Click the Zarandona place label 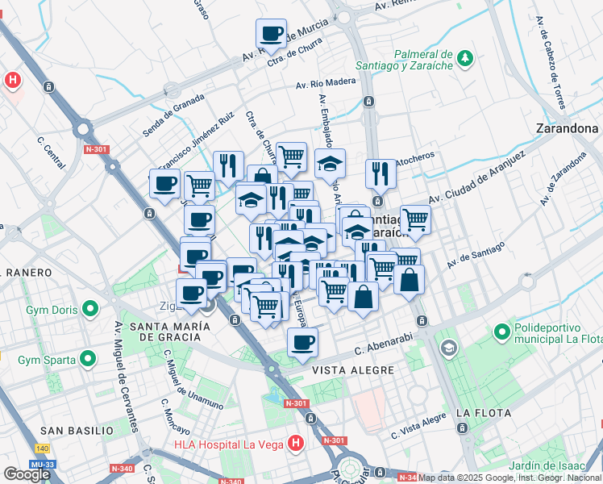[x=568, y=128]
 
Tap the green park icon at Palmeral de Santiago [x=464, y=58]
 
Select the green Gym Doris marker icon [x=91, y=308]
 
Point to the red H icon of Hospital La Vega [x=296, y=443]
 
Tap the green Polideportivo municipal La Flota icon [x=501, y=331]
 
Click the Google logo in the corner [x=27, y=474]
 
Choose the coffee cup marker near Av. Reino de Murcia [x=272, y=34]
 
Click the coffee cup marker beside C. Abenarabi [x=303, y=342]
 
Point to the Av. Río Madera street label [x=325, y=83]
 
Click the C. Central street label [x=51, y=152]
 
